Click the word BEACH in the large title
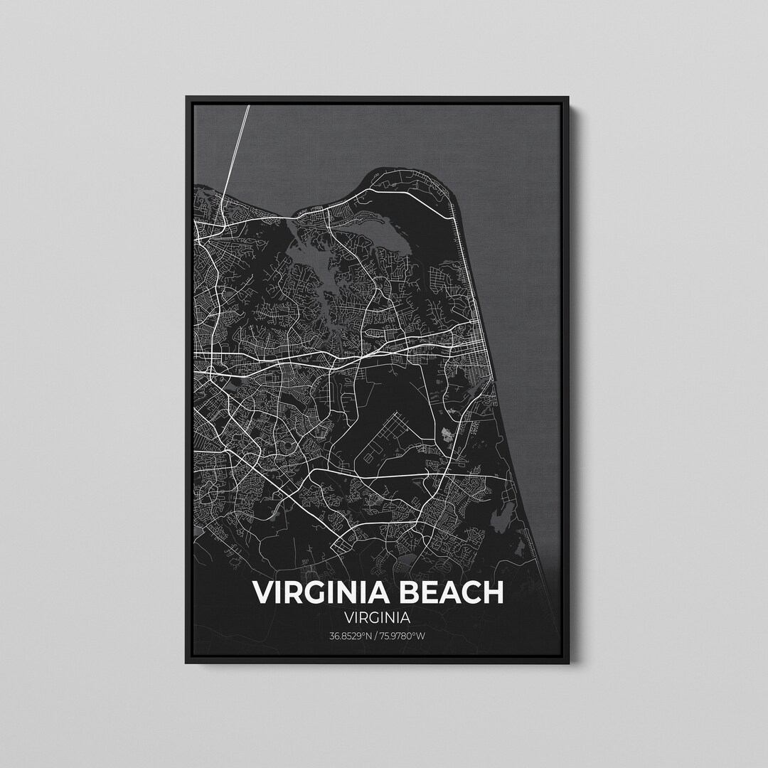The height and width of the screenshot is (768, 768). [x=445, y=592]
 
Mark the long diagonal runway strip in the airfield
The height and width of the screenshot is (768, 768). [x=388, y=430]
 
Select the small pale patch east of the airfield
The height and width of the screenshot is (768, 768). [x=447, y=434]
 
